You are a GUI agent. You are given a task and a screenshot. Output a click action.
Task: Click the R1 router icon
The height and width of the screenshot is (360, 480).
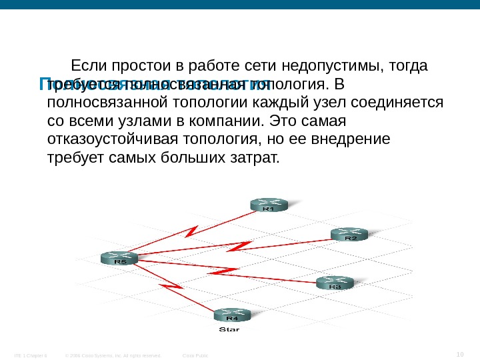tap(268, 204)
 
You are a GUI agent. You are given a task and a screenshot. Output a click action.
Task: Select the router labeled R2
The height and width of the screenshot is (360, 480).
tap(349, 233)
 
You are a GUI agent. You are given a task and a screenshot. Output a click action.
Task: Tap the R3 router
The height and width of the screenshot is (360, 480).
tap(334, 283)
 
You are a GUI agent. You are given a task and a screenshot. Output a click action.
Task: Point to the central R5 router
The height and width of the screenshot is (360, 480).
tap(119, 259)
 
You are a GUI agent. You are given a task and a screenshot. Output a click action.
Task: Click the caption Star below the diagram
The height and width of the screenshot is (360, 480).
tap(230, 329)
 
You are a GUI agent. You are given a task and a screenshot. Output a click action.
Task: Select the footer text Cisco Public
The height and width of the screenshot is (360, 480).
tap(195, 355)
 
